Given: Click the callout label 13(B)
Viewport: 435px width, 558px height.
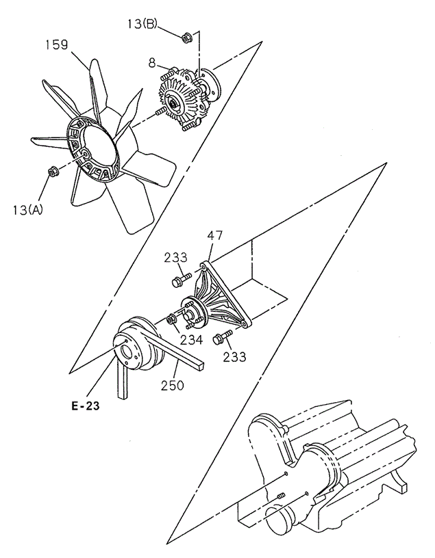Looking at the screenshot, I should tap(142, 25).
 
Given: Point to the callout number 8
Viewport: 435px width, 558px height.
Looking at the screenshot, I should tap(152, 64).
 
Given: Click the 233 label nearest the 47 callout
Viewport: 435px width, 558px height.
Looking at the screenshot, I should tap(175, 258).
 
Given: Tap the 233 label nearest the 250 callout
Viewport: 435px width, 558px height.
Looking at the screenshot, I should tap(234, 356).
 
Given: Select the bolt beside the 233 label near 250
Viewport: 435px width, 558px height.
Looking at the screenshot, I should tap(223, 336).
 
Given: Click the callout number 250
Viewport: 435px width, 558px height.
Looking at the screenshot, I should tap(171, 384).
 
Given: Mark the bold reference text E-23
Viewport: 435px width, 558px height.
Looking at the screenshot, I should tap(85, 408).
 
